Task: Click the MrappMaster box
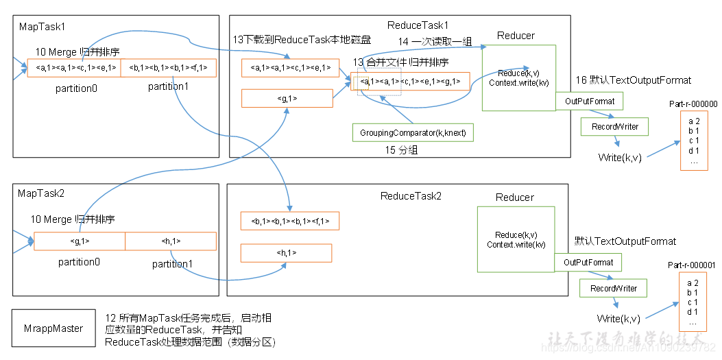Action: click(x=53, y=328)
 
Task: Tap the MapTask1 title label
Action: click(x=40, y=27)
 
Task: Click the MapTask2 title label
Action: click(x=41, y=194)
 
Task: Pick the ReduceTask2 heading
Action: click(x=411, y=196)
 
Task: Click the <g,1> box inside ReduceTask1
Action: click(x=286, y=99)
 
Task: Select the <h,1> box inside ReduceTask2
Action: click(x=286, y=253)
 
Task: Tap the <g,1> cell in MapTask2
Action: click(x=80, y=241)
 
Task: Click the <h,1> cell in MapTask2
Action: click(x=171, y=241)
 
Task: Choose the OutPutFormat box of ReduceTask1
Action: click(x=589, y=101)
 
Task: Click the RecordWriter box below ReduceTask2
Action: click(x=614, y=289)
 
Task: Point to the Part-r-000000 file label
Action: click(x=693, y=104)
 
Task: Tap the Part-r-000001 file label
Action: click(x=692, y=265)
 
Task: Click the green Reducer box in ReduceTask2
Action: click(x=516, y=240)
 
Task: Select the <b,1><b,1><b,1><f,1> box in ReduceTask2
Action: click(x=290, y=221)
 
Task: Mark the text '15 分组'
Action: click(x=403, y=149)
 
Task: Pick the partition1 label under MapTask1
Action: click(x=168, y=86)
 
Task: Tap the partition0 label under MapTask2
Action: click(x=80, y=262)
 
